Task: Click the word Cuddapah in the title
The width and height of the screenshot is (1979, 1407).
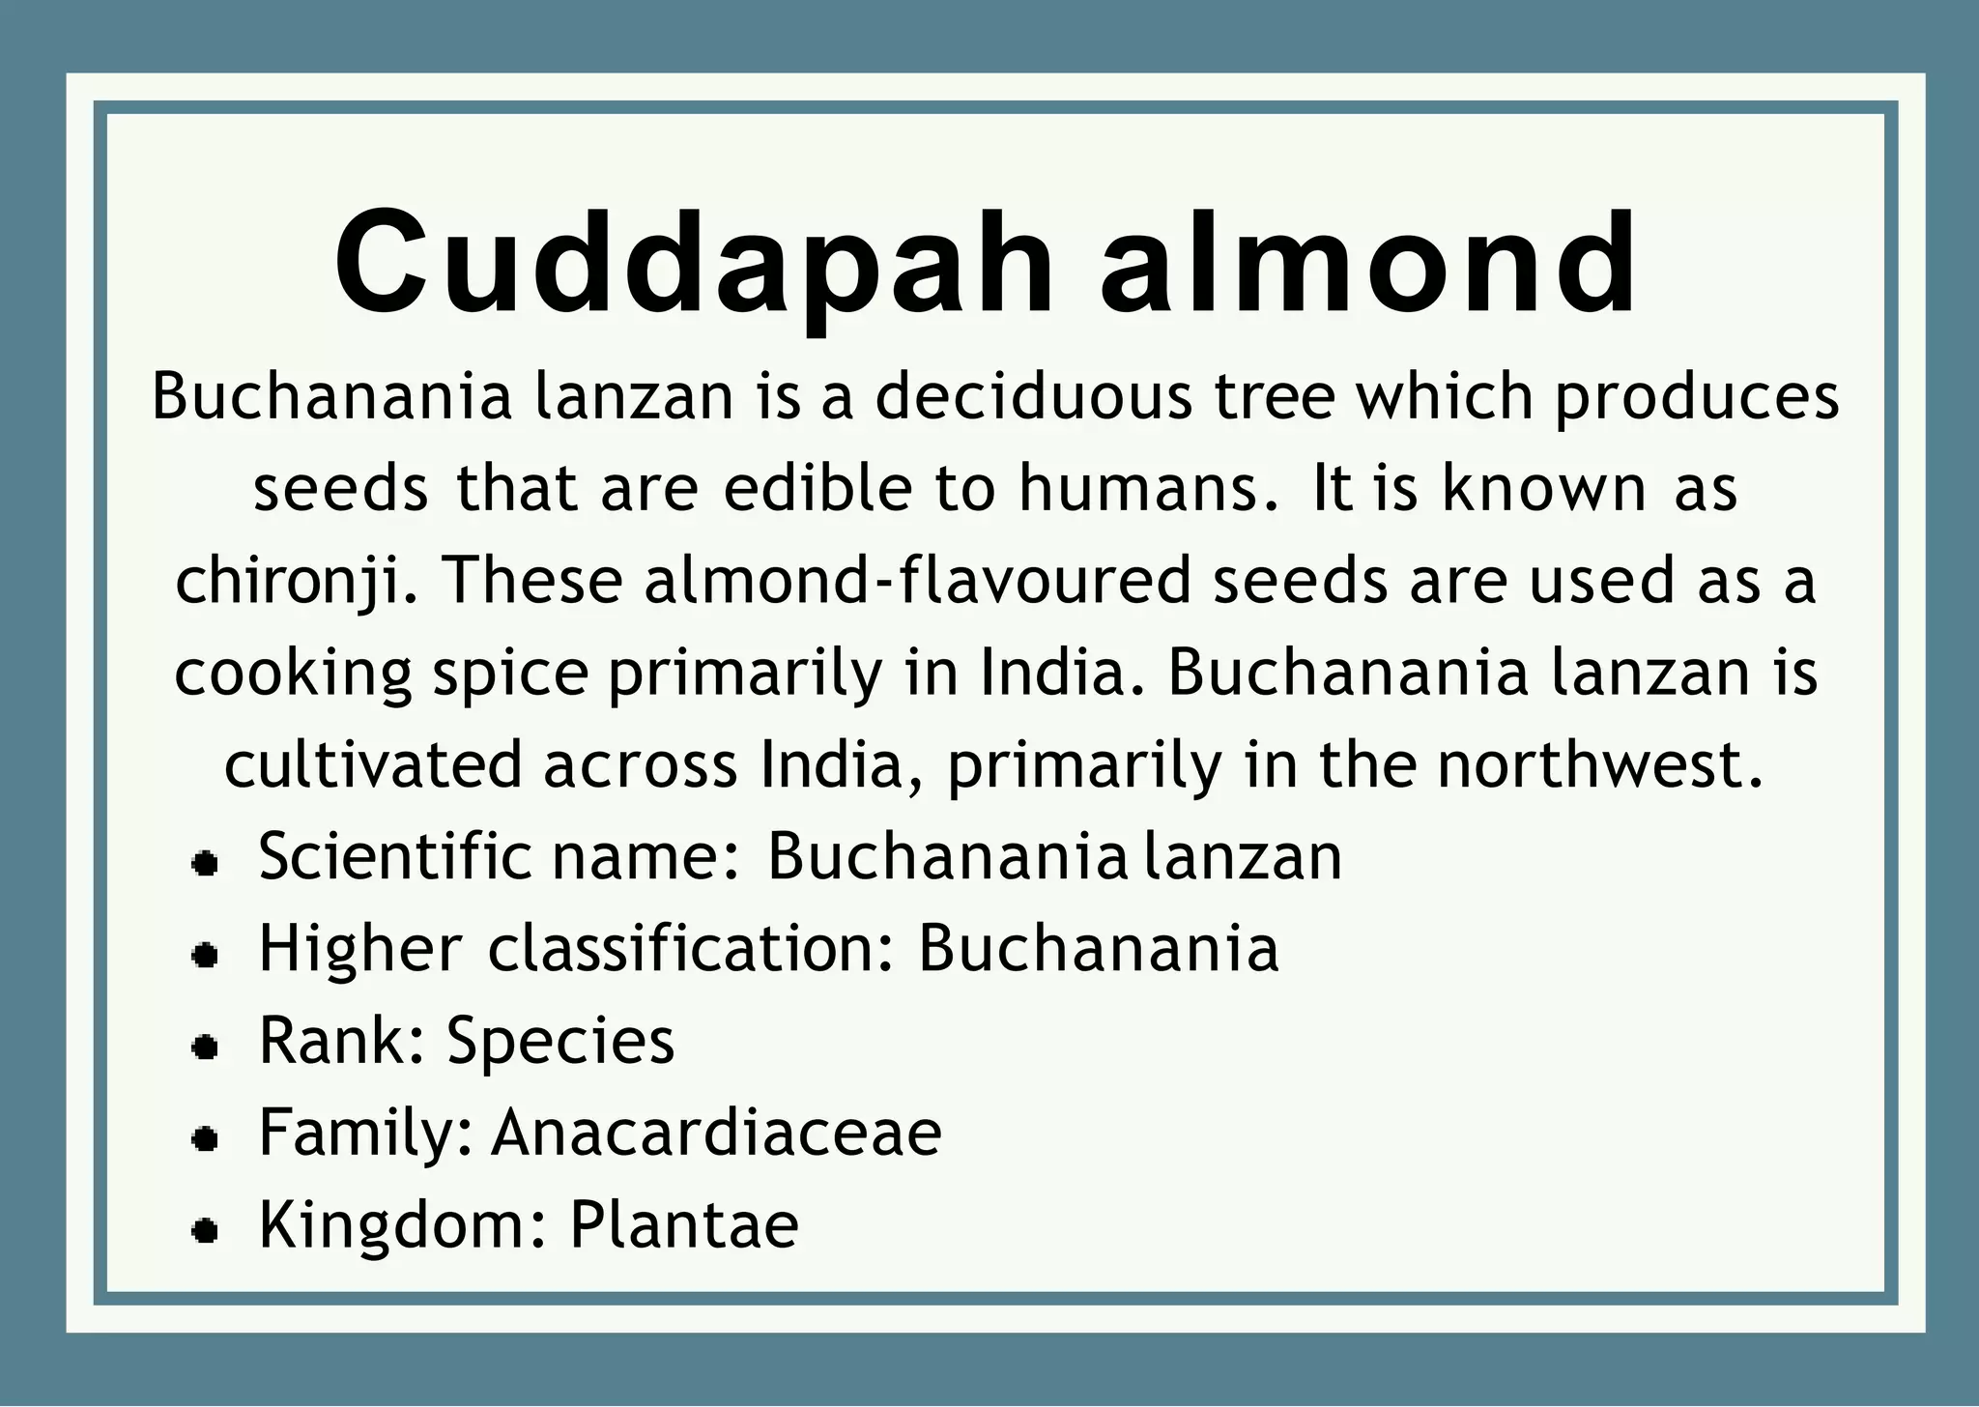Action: click(x=694, y=266)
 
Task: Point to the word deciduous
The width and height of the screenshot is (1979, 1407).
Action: click(x=1033, y=396)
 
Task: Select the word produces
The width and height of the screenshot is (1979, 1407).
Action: click(x=1696, y=398)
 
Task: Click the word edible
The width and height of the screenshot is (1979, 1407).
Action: click(x=817, y=488)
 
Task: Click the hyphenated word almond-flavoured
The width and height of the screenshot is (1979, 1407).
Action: click(x=917, y=580)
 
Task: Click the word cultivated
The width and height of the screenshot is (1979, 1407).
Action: click(x=373, y=764)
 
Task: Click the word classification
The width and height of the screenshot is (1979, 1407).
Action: click(x=692, y=948)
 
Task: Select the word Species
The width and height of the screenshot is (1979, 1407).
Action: click(x=560, y=1042)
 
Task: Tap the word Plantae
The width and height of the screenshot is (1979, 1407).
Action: click(x=684, y=1224)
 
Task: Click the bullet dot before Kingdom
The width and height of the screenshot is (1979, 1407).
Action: click(x=204, y=1231)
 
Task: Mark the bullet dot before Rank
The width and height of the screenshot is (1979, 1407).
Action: click(x=204, y=1048)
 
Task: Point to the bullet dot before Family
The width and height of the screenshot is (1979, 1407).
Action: click(x=204, y=1139)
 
